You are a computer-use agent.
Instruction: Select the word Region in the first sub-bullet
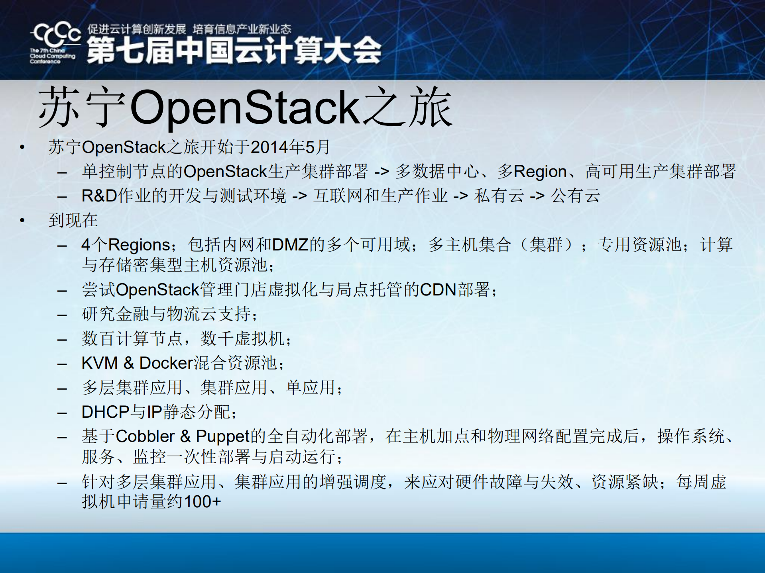click(540, 172)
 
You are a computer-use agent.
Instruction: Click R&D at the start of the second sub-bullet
click(99, 196)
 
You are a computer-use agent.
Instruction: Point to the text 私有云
click(499, 196)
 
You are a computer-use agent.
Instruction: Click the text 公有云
click(575, 196)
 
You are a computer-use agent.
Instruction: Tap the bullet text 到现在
click(73, 220)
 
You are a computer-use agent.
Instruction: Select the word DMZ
click(290, 244)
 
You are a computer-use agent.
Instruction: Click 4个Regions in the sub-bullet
click(125, 244)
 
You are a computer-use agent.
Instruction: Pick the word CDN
click(438, 289)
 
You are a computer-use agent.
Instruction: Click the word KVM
click(100, 363)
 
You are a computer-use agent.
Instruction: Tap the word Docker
click(166, 363)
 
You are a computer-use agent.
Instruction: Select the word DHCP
click(105, 412)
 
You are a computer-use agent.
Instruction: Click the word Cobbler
click(145, 436)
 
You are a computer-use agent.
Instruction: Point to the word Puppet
click(222, 436)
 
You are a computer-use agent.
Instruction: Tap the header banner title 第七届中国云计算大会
click(234, 51)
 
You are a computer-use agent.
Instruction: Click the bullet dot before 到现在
click(22, 220)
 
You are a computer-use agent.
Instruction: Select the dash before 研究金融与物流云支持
click(62, 315)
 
